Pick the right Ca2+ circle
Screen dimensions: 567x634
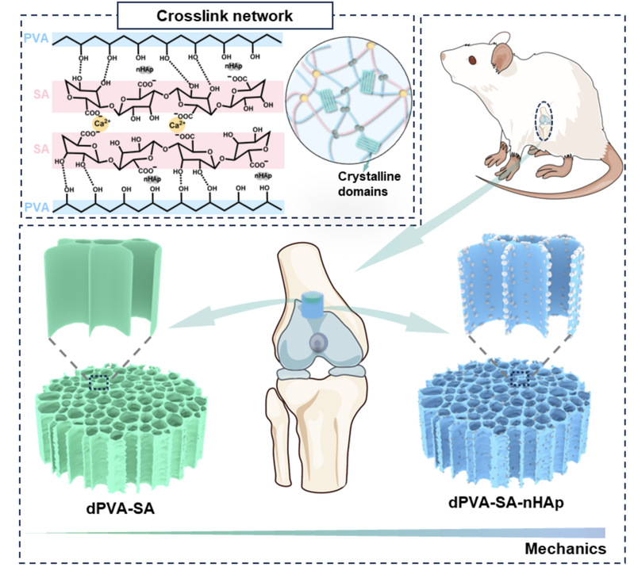[175, 125]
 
